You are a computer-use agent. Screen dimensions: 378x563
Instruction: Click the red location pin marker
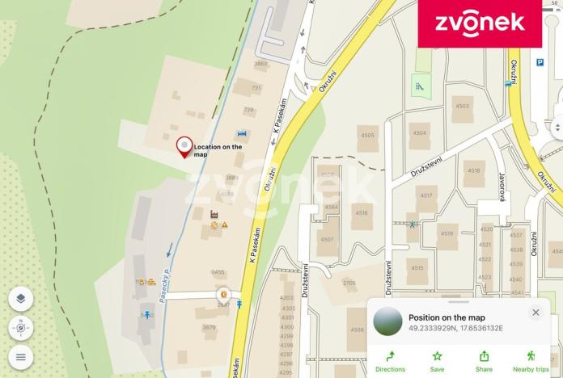pyautogui.click(x=184, y=146)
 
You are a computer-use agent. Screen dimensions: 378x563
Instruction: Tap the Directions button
pyautogui.click(x=390, y=360)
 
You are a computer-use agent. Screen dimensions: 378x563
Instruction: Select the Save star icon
pyautogui.click(x=438, y=360)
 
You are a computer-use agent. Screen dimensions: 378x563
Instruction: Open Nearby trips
pyautogui.click(x=530, y=360)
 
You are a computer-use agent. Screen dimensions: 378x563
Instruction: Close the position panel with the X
pyautogui.click(x=535, y=313)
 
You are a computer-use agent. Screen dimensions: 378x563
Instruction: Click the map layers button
pyautogui.click(x=21, y=299)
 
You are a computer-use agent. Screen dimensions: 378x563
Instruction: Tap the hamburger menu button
pyautogui.click(x=21, y=356)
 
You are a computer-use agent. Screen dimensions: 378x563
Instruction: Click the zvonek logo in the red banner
pyautogui.click(x=480, y=23)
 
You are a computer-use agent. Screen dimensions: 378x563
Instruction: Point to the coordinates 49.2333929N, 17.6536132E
pyautogui.click(x=455, y=329)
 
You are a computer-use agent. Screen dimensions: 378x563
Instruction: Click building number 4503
pyautogui.click(x=462, y=106)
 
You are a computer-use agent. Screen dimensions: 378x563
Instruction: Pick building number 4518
pyautogui.click(x=473, y=171)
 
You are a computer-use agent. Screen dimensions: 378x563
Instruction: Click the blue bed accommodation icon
pyautogui.click(x=241, y=133)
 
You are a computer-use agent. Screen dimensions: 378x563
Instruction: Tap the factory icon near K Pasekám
pyautogui.click(x=215, y=214)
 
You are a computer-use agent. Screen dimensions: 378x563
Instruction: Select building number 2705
pyautogui.click(x=349, y=283)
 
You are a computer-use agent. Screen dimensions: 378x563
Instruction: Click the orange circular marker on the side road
pyautogui.click(x=222, y=295)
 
